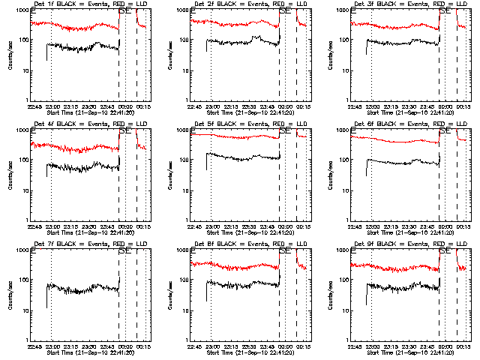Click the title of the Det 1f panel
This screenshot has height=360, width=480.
pos(84,4)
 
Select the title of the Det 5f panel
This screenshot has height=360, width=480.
pos(244,124)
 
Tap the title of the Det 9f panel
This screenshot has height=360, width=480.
pos(404,244)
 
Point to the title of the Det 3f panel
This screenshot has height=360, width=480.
pos(404,4)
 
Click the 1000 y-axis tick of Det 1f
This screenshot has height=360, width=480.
pos(23,11)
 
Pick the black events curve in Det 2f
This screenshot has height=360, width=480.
pos(240,43)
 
